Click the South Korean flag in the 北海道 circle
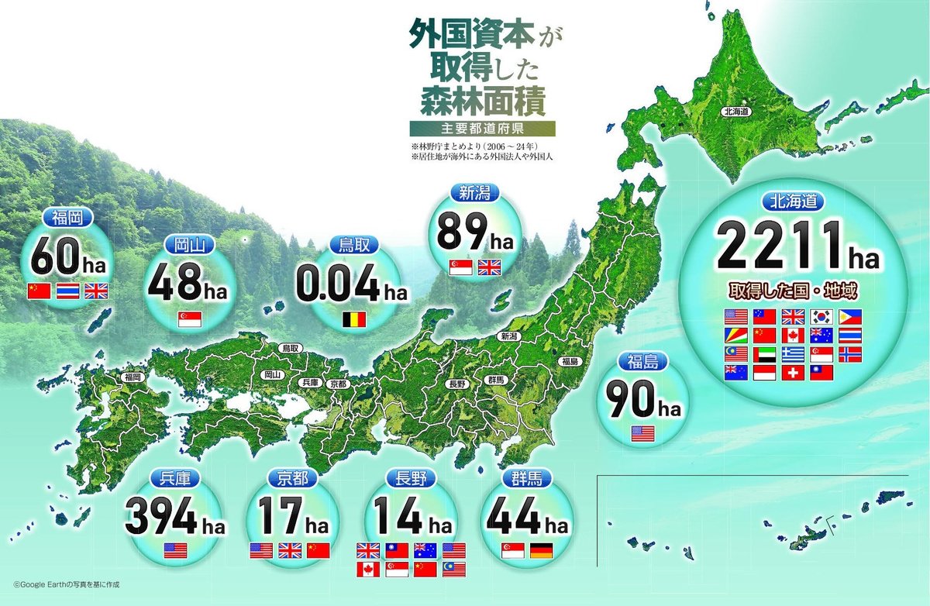click(x=821, y=316)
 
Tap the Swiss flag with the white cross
click(x=793, y=373)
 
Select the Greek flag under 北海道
click(x=793, y=354)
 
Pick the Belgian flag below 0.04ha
click(x=353, y=319)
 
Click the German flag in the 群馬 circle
click(x=541, y=552)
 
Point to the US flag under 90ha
click(x=642, y=433)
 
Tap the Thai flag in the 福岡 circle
click(x=67, y=291)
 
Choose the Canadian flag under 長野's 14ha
click(x=367, y=570)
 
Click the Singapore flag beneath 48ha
click(x=189, y=318)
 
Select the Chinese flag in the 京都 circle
click(x=318, y=551)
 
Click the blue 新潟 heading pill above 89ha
click(x=474, y=194)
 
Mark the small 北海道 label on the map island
click(x=736, y=112)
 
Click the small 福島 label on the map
click(x=571, y=361)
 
